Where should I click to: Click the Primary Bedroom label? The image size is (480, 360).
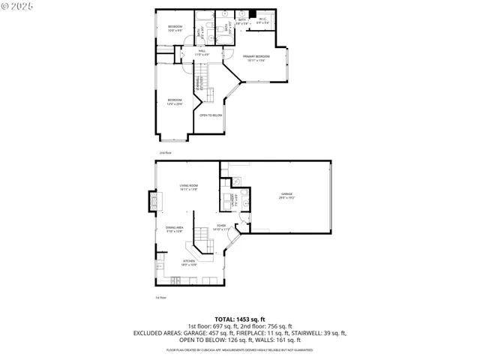click(256, 58)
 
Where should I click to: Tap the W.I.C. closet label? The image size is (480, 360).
click(263, 22)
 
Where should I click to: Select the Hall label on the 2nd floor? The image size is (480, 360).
click(181, 52)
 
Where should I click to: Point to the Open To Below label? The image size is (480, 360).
click(211, 115)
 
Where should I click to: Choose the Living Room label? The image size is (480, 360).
click(188, 187)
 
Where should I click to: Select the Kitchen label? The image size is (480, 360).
click(188, 262)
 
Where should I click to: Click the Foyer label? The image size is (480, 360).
click(221, 226)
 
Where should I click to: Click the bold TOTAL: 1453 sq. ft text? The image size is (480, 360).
click(240, 319)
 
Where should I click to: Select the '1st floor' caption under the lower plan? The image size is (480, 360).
click(160, 298)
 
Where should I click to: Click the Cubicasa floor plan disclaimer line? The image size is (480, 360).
click(240, 349)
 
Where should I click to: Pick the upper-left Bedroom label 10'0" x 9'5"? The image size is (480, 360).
click(175, 28)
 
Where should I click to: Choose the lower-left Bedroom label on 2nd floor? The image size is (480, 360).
click(175, 102)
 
